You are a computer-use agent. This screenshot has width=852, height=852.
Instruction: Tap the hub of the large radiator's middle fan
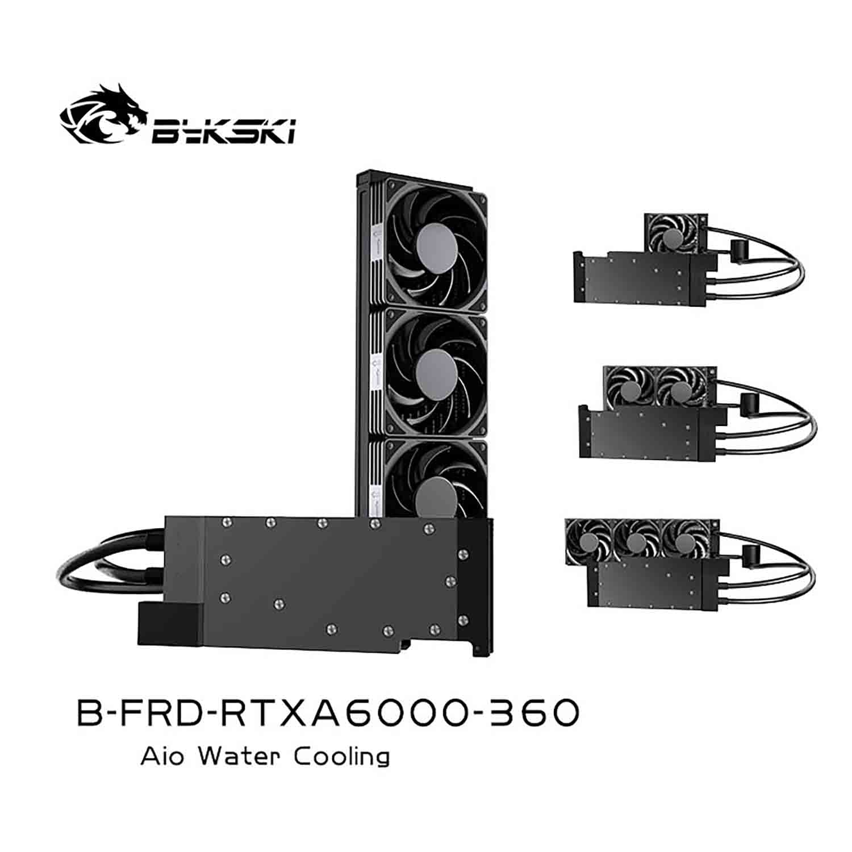click(436, 371)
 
